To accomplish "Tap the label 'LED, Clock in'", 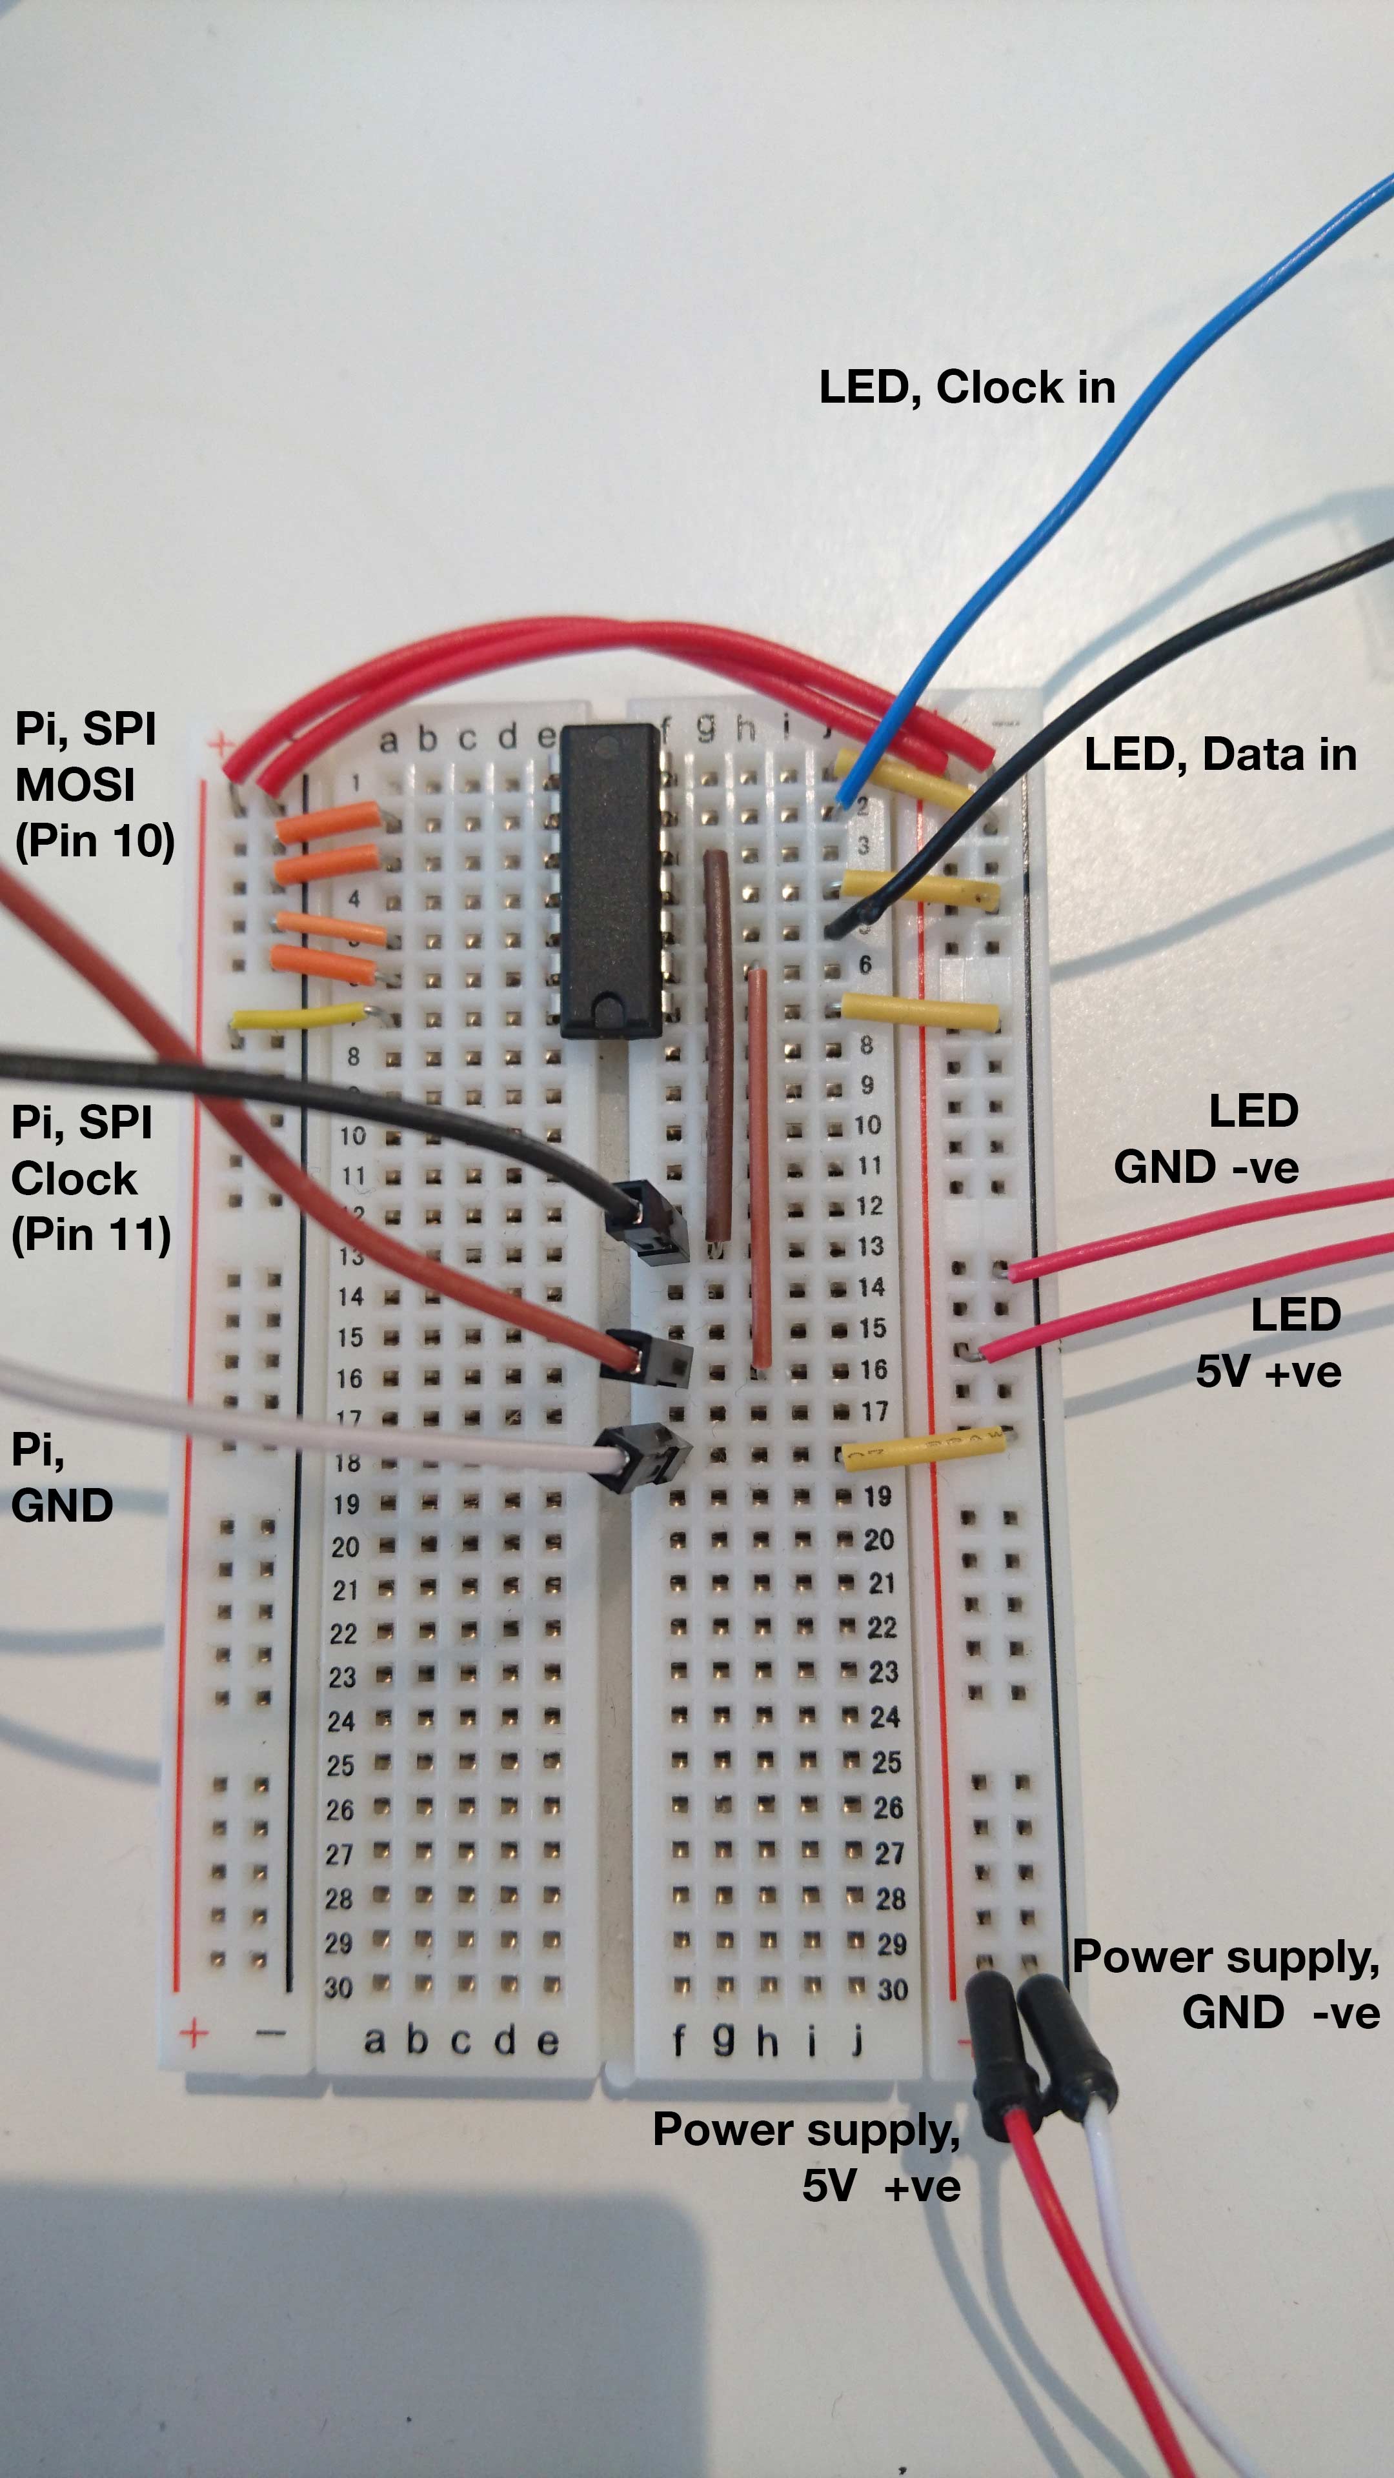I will click(x=967, y=388).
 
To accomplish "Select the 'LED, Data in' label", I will click(x=1220, y=755).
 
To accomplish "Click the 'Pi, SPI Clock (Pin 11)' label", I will click(x=90, y=1178).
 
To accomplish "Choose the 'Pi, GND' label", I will click(x=61, y=1478).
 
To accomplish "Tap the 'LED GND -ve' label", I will click(x=1207, y=1139).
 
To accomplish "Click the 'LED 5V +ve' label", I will click(x=1269, y=1343).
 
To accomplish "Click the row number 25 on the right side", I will click(x=886, y=1762).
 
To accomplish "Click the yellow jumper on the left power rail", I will click(x=298, y=1017).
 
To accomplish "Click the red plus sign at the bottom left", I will click(x=194, y=2033).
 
